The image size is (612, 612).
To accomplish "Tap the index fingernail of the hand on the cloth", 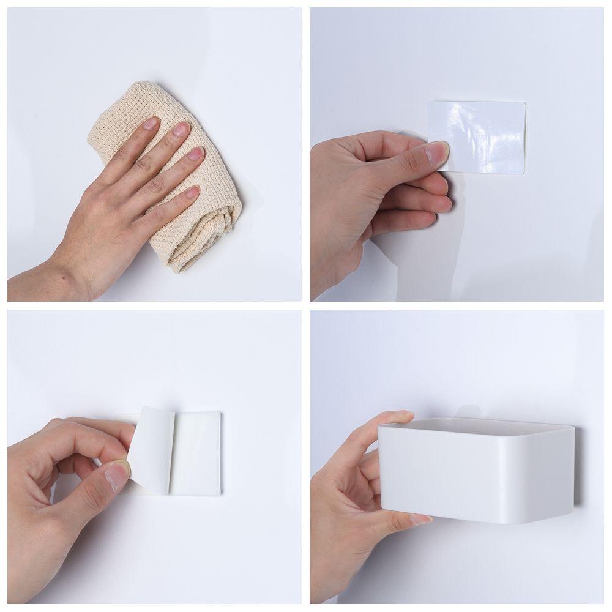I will (150, 124).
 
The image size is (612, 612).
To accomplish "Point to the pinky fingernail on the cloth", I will (192, 192).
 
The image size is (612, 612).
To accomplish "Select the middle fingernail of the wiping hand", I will (181, 129).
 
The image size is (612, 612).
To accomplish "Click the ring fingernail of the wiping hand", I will (195, 153).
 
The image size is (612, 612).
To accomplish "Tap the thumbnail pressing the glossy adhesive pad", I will (438, 153).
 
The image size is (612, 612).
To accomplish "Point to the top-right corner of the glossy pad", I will (523, 103).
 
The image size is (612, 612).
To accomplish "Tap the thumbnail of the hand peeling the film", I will (118, 474).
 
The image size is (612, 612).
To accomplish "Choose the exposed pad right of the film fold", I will (196, 453).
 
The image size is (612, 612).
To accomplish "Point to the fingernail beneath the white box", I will (421, 519).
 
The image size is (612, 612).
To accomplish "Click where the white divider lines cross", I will (305, 305).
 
